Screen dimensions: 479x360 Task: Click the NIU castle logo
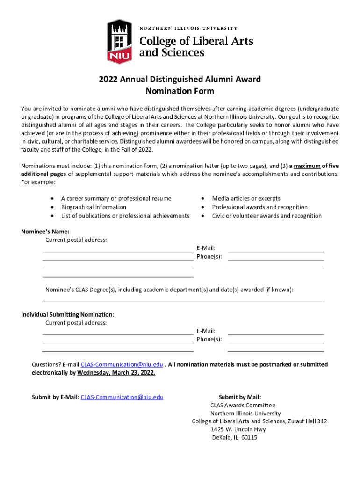click(120, 41)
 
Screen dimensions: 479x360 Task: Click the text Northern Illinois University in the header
click(189, 28)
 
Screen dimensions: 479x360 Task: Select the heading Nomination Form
click(180, 91)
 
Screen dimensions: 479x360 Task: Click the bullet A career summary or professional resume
click(116, 199)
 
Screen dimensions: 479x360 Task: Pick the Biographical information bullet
click(94, 207)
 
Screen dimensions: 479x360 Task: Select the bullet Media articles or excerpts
click(246, 199)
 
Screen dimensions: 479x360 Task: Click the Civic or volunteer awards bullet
click(266, 216)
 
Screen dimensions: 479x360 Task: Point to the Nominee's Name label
click(45, 232)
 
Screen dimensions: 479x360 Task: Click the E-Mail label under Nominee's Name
click(206, 248)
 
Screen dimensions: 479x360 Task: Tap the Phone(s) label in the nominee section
click(209, 257)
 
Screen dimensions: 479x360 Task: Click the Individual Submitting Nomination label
click(68, 314)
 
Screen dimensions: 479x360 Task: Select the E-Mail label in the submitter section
click(206, 331)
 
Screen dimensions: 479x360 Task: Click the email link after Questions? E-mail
click(122, 364)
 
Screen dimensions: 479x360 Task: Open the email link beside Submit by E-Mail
click(122, 397)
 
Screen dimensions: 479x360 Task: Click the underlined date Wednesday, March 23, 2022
click(116, 373)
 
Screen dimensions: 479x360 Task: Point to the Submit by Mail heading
click(240, 397)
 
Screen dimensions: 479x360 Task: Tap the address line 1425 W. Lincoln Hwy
click(238, 429)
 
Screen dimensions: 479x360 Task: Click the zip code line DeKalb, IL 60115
click(235, 438)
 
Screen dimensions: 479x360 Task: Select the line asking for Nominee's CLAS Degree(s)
click(169, 290)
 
